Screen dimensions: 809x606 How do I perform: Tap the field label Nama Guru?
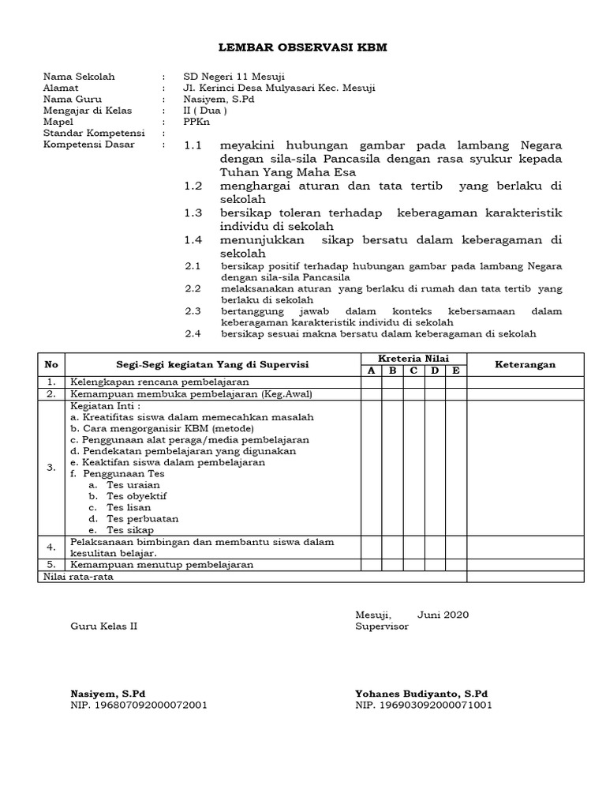click(x=70, y=99)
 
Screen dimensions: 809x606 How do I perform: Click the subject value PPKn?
click(x=194, y=122)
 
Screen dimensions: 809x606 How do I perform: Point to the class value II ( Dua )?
click(x=205, y=111)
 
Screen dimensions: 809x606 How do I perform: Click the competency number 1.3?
click(x=193, y=213)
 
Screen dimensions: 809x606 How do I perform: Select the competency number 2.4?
click(x=193, y=333)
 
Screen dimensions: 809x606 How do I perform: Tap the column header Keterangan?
click(x=525, y=364)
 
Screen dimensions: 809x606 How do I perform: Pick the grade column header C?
click(x=413, y=371)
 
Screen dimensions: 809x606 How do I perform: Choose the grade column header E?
click(x=456, y=371)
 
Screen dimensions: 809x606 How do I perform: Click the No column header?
click(x=51, y=364)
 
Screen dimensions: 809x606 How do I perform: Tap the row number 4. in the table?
click(x=51, y=547)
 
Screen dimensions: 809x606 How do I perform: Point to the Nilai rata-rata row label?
click(x=73, y=577)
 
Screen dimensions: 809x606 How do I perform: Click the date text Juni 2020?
click(x=443, y=614)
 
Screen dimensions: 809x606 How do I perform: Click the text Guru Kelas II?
click(x=104, y=626)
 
